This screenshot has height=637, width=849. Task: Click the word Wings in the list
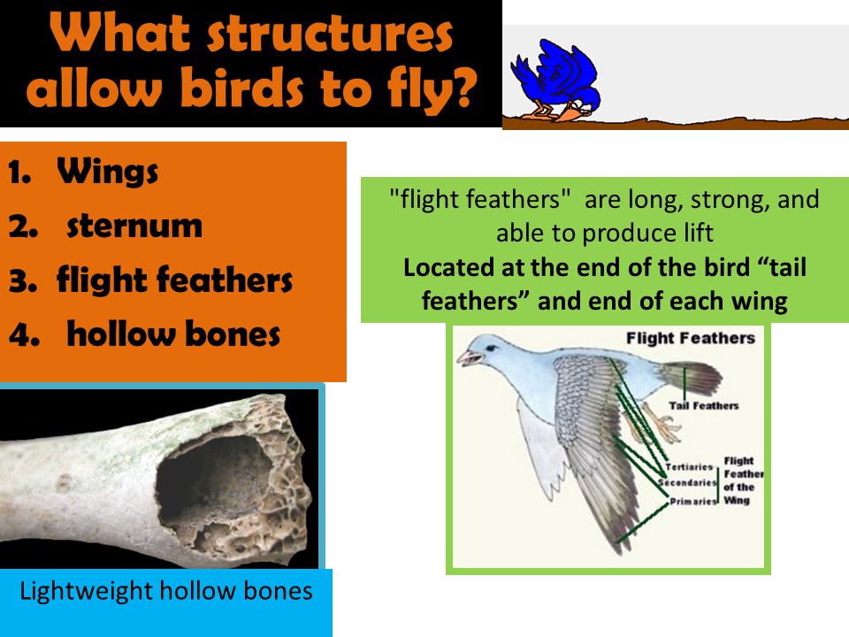click(107, 172)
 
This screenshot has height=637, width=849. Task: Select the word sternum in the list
click(134, 226)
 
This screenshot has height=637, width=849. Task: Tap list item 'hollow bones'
click(173, 334)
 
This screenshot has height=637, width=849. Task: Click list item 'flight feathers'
click(174, 280)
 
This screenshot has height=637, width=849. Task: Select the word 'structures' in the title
click(330, 35)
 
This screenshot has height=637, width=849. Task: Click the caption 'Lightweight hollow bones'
click(165, 591)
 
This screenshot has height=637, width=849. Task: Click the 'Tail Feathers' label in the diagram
click(703, 405)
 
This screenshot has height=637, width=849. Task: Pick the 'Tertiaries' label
click(689, 466)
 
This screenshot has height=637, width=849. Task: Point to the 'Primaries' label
click(693, 501)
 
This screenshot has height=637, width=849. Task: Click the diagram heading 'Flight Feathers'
click(691, 339)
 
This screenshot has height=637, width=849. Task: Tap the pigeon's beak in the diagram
click(468, 358)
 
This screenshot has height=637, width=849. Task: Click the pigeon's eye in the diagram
click(490, 349)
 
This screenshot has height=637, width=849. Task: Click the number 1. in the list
click(19, 173)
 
